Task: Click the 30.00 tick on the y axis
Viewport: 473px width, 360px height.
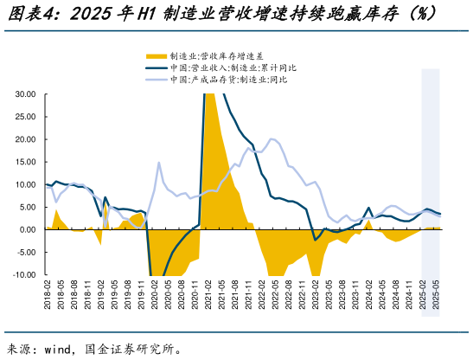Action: (x=23, y=94)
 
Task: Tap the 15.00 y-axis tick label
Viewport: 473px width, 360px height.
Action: (x=23, y=162)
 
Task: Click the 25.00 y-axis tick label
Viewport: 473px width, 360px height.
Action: (x=23, y=117)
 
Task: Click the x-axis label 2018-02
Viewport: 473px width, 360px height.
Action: (x=47, y=299)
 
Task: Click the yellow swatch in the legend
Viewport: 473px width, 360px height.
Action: (x=153, y=55)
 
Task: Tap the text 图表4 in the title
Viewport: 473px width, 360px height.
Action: (x=33, y=15)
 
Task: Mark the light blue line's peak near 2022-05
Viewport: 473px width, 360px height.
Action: (x=273, y=138)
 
